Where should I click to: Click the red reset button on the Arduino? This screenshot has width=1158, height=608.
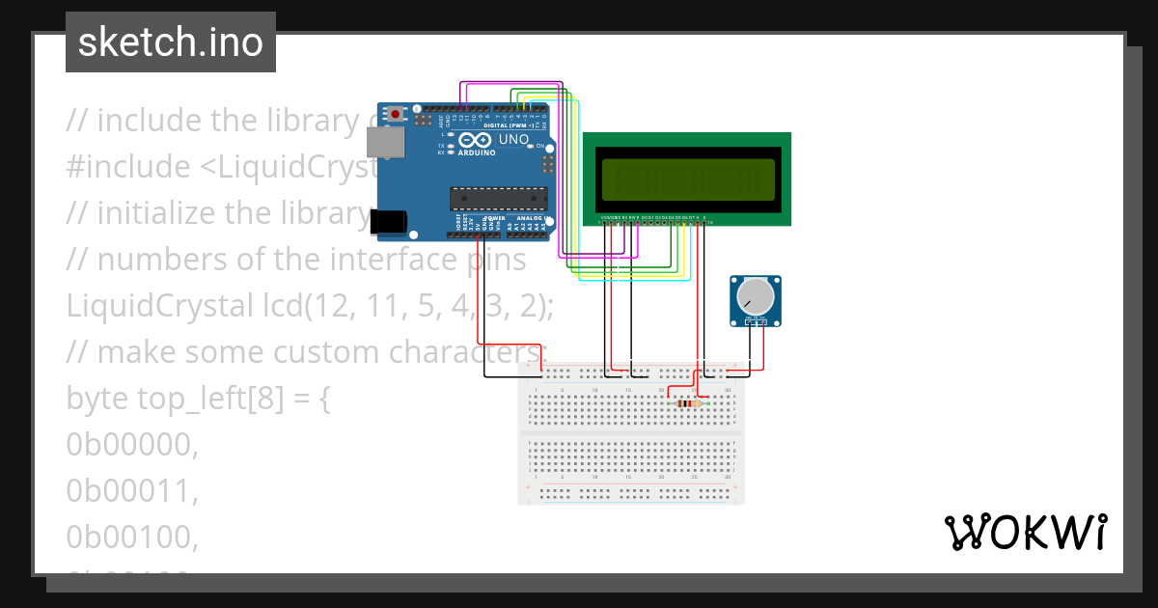396,115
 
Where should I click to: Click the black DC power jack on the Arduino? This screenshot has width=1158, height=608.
389,222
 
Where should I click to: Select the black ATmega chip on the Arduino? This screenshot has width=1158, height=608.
498,199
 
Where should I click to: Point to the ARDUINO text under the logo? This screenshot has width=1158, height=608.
477,152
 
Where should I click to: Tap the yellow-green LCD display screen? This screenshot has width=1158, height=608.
687,179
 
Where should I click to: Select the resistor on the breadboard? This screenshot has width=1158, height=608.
687,403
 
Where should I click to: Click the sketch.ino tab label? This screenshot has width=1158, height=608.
171,42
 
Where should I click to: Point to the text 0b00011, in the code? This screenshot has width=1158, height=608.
132,490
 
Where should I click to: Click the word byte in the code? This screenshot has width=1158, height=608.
97,398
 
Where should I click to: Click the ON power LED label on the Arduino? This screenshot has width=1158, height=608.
540,146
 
